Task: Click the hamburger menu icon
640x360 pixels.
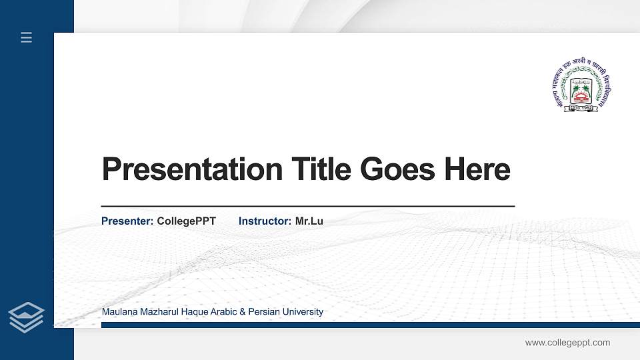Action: coord(26,37)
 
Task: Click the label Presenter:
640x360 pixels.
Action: coord(127,221)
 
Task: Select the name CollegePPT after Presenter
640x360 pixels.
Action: coord(187,221)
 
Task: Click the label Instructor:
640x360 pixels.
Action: coord(265,221)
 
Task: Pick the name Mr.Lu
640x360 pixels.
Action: coord(309,221)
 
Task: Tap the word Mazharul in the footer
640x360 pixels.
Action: coord(155,312)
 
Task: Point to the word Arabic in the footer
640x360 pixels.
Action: coord(223,312)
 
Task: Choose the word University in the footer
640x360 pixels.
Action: coord(303,312)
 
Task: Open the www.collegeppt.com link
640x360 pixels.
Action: coord(567,343)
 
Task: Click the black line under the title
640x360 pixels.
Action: coord(307,207)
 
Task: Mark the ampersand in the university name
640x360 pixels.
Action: coord(243,312)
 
